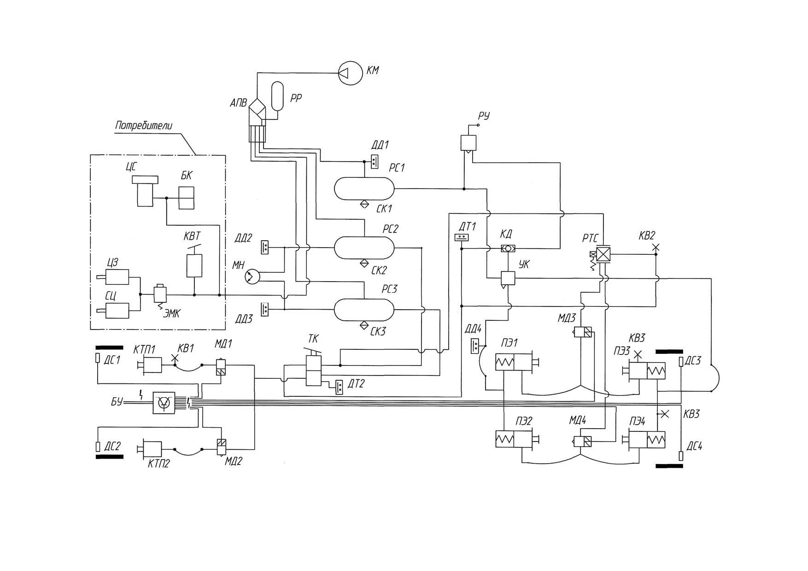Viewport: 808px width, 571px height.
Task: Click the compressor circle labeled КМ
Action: [350, 72]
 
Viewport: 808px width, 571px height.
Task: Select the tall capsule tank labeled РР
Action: [278, 96]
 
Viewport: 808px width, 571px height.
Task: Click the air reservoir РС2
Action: [364, 248]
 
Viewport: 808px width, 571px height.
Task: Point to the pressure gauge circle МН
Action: [252, 277]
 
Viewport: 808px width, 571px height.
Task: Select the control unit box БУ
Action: [164, 402]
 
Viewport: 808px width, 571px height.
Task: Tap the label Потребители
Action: [144, 126]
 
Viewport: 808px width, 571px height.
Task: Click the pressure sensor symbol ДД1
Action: [375, 161]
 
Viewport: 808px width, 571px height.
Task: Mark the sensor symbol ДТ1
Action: [462, 237]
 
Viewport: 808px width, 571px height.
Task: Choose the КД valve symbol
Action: [508, 249]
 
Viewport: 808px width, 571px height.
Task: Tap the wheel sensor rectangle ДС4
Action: [681, 456]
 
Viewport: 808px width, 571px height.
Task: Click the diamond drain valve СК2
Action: [364, 264]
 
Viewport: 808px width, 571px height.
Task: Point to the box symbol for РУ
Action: [468, 143]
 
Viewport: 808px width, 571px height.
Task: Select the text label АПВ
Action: [238, 103]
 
